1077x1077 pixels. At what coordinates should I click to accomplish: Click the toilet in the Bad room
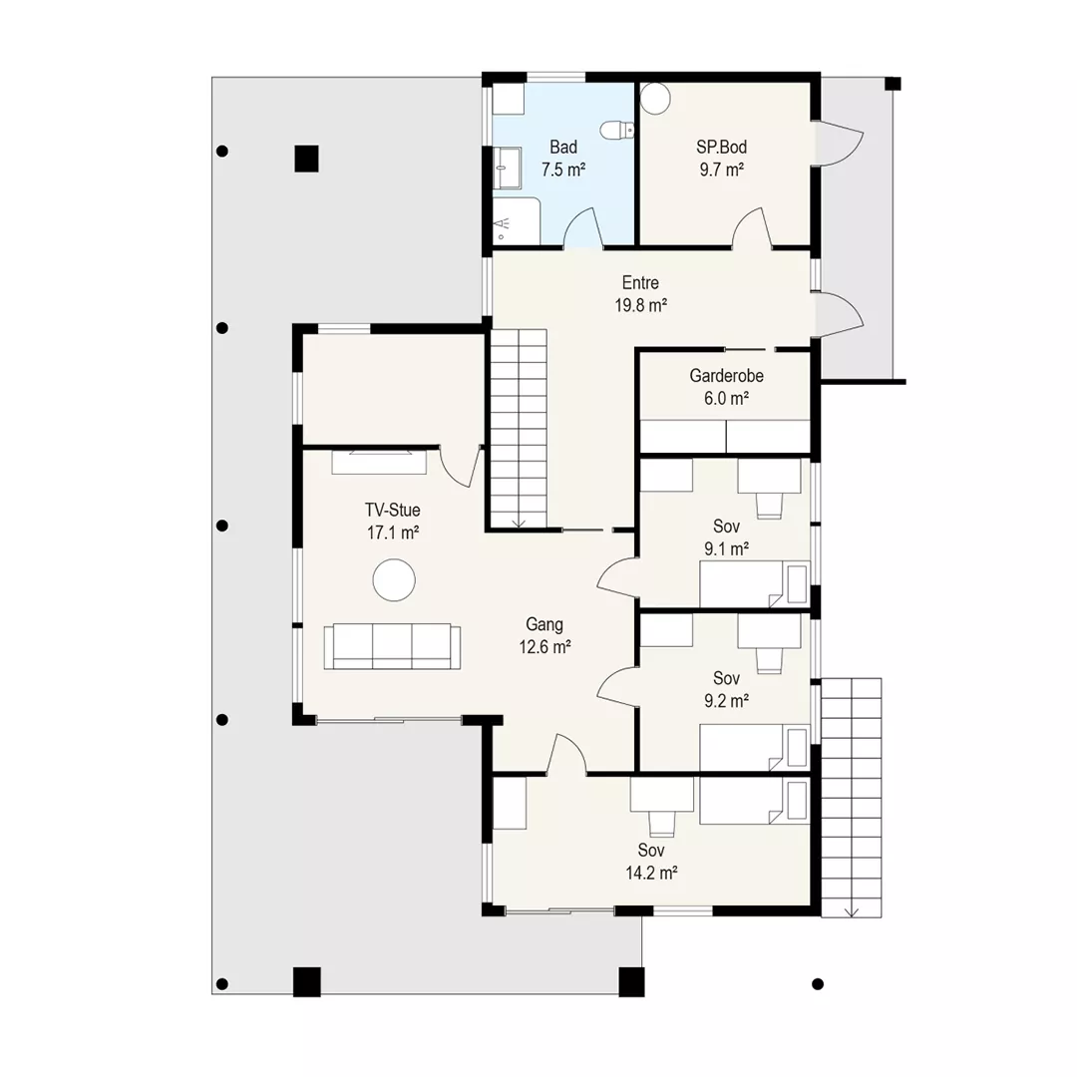pyautogui.click(x=617, y=129)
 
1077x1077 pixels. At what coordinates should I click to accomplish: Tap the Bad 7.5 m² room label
pyautogui.click(x=563, y=158)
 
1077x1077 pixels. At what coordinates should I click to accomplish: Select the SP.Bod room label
pyautogui.click(x=721, y=147)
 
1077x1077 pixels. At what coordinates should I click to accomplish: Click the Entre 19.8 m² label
pyautogui.click(x=641, y=294)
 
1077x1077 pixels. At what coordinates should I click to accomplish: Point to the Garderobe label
pyautogui.click(x=726, y=376)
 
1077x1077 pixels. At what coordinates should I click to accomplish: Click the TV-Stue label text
pyautogui.click(x=392, y=510)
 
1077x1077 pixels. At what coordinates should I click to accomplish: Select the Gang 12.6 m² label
pyautogui.click(x=544, y=635)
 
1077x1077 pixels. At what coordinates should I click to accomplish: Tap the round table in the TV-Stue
pyautogui.click(x=394, y=580)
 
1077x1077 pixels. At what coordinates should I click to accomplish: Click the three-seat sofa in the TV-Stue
pyautogui.click(x=392, y=646)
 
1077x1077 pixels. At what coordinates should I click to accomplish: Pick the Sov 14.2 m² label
pyautogui.click(x=651, y=862)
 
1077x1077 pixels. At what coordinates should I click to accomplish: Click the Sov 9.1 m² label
pyautogui.click(x=726, y=538)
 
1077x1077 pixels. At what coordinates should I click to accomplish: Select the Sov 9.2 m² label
pyautogui.click(x=726, y=689)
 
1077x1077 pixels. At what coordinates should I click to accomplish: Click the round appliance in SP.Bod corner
pyautogui.click(x=654, y=98)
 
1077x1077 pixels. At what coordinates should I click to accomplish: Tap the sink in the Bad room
pyautogui.click(x=507, y=168)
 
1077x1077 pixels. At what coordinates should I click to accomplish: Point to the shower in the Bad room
pyautogui.click(x=516, y=220)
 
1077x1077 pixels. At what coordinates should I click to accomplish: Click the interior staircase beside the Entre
pyautogui.click(x=519, y=429)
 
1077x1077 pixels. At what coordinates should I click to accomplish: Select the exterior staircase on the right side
pyautogui.click(x=851, y=798)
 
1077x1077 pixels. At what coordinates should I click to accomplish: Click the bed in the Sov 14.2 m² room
pyautogui.click(x=754, y=801)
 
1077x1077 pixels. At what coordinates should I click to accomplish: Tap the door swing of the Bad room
pyautogui.click(x=583, y=226)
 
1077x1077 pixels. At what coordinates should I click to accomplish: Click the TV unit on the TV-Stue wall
pyautogui.click(x=379, y=462)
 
